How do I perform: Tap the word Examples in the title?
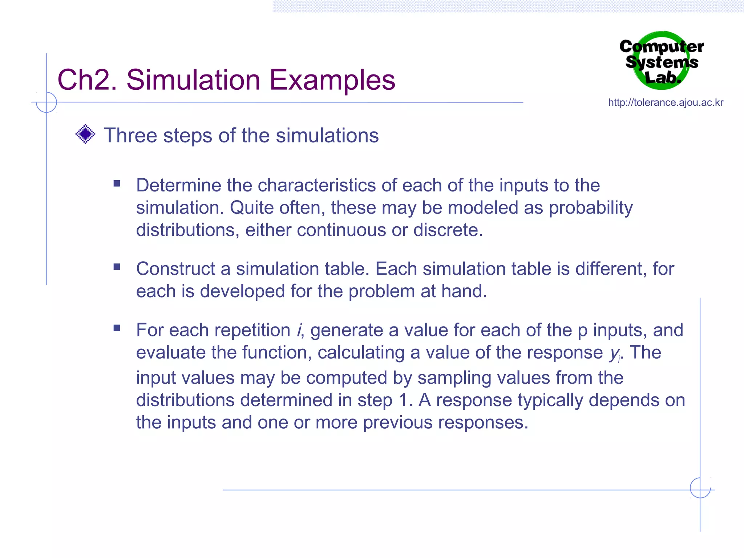[x=332, y=81]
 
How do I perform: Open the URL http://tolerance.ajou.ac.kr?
[x=666, y=103]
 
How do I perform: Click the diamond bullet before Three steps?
[x=85, y=134]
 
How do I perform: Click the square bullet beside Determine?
[x=117, y=183]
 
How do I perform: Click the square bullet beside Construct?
[x=117, y=267]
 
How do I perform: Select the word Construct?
[x=175, y=269]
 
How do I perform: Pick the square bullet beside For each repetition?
[x=117, y=328]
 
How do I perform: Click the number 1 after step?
[x=403, y=400]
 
